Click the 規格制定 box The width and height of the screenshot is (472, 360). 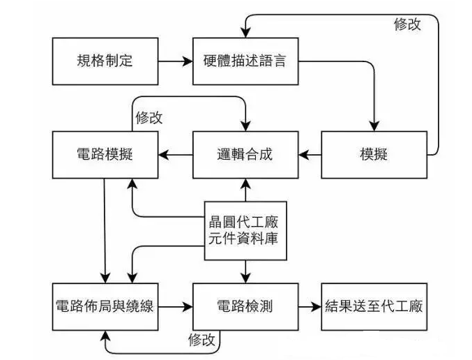(x=105, y=61)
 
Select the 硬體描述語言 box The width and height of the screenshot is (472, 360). (x=245, y=61)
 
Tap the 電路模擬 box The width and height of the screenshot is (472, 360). (x=105, y=155)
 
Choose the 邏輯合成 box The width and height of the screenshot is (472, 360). (x=245, y=155)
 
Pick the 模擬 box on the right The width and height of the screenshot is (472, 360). (x=374, y=155)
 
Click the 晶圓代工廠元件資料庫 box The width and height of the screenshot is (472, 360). (x=245, y=231)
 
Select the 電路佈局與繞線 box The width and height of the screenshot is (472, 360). (x=105, y=307)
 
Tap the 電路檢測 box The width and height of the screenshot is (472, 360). (x=245, y=307)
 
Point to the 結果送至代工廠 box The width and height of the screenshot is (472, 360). (x=374, y=307)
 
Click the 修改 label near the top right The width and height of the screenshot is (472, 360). (x=408, y=24)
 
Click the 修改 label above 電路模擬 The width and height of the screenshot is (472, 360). (x=149, y=117)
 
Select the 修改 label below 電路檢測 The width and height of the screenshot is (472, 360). (x=201, y=340)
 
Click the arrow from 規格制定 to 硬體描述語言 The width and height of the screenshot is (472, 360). (x=176, y=61)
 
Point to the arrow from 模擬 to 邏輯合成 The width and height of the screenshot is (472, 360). (x=310, y=155)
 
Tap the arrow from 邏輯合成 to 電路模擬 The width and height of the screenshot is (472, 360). (x=176, y=155)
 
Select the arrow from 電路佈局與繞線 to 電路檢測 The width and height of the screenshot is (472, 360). (x=176, y=307)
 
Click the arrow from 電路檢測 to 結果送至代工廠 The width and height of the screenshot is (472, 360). (x=310, y=307)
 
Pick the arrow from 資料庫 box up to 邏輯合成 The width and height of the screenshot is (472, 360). (x=246, y=190)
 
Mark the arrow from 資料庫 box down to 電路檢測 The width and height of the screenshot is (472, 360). (x=246, y=271)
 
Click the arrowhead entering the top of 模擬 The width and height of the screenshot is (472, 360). (x=374, y=126)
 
